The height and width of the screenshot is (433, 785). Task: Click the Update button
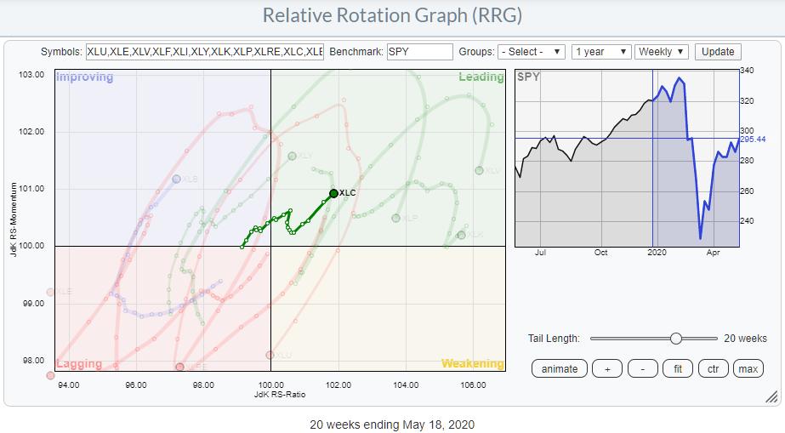tap(717, 52)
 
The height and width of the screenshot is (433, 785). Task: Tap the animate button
tap(559, 368)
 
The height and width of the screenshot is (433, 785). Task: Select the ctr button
tap(713, 368)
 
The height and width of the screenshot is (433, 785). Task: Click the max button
tap(748, 368)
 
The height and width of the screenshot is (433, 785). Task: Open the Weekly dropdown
tap(661, 52)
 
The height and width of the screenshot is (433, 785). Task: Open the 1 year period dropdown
tap(601, 52)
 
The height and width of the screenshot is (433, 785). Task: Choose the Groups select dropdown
tap(532, 52)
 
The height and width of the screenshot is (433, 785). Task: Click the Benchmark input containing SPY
tap(419, 52)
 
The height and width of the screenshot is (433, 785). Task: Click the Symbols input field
tap(204, 52)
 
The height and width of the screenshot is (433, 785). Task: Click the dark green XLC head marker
tap(333, 193)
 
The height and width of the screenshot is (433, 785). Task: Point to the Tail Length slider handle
tap(675, 339)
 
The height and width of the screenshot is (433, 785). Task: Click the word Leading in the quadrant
tap(481, 77)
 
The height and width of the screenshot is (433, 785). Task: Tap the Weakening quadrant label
tap(472, 364)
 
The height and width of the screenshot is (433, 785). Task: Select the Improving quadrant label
tap(84, 77)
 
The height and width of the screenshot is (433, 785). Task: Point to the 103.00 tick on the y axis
tap(31, 75)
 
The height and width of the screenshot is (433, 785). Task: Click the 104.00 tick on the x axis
tap(406, 384)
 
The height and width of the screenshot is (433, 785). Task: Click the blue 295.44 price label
tap(754, 139)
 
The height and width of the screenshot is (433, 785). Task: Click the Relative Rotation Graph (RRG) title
tap(392, 16)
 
